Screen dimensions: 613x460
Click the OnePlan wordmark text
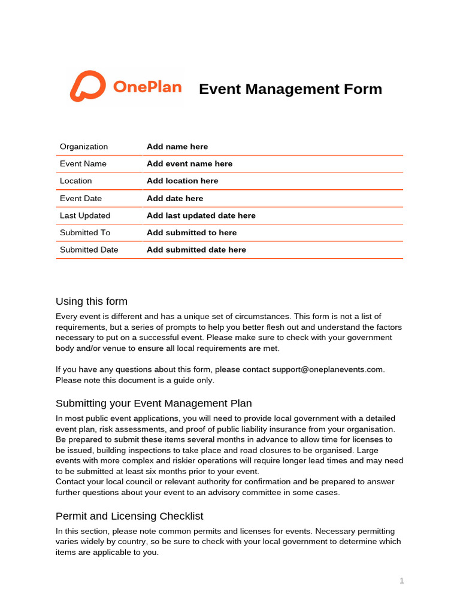(147, 87)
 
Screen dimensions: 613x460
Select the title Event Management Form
(290, 89)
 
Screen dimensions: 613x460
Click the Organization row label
(84, 147)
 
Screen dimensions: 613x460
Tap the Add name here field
(177, 147)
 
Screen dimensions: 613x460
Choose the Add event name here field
(189, 163)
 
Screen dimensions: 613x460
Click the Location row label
(76, 181)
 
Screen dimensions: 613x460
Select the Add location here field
(182, 181)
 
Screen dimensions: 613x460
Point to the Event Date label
(81, 198)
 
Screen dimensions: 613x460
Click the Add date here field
(175, 198)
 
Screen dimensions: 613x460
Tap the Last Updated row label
(85, 216)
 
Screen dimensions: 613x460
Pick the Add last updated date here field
(201, 216)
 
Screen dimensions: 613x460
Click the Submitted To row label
(85, 232)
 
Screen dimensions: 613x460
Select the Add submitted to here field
(192, 232)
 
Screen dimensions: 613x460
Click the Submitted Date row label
(89, 250)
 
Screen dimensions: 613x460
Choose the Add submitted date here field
(196, 250)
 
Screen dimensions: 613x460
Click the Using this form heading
(92, 301)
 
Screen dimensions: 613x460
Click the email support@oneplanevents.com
(328, 369)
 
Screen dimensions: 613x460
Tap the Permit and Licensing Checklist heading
(129, 516)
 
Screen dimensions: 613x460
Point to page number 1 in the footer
(402, 581)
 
